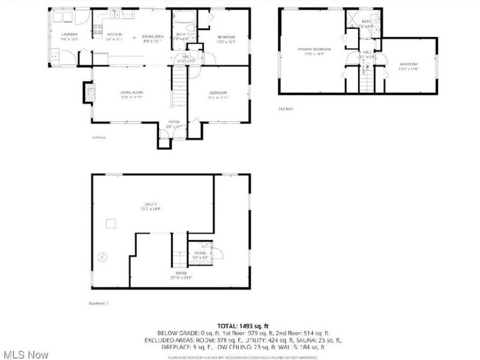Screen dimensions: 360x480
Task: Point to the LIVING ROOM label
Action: point(131,92)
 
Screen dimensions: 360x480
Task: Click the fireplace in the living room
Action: point(88,93)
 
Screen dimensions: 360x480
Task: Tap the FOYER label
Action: point(174,122)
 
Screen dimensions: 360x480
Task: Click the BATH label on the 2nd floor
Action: point(366,22)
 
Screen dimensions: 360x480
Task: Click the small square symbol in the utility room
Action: point(110,224)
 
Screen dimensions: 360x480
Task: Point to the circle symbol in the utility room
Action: point(102,257)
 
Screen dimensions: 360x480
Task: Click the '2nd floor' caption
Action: point(285,109)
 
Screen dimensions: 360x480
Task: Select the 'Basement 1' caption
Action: point(99,304)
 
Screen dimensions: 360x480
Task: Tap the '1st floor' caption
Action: point(99,137)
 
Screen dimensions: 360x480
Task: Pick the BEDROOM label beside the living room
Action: point(218,92)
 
